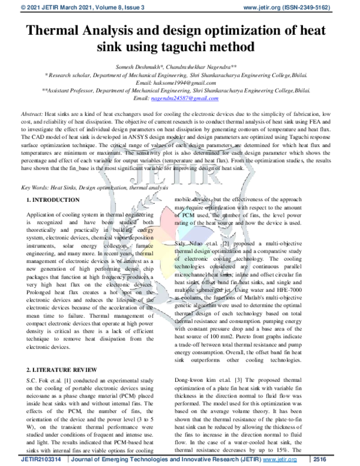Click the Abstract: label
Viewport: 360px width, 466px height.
tap(31, 113)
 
